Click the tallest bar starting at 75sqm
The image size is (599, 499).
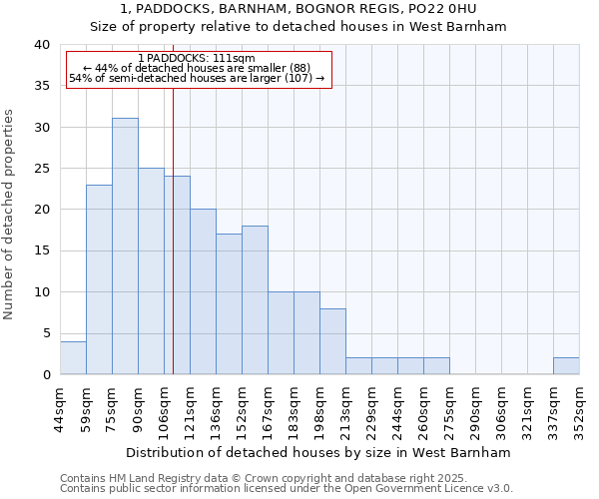(125, 247)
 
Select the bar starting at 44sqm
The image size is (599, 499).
(73, 358)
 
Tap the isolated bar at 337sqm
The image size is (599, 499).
(566, 366)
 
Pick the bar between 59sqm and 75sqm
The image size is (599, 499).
(99, 279)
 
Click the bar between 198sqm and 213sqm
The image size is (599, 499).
(332, 341)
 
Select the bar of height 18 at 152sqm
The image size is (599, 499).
(255, 300)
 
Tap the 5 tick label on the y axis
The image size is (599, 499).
(46, 333)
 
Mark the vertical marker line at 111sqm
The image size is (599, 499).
(174, 249)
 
